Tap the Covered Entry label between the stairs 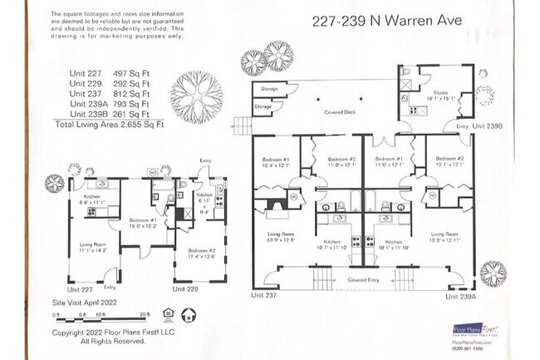pyautogui.click(x=362, y=280)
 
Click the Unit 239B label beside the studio pyautogui.click(x=489, y=126)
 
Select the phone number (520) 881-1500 pyautogui.click(x=468, y=348)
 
